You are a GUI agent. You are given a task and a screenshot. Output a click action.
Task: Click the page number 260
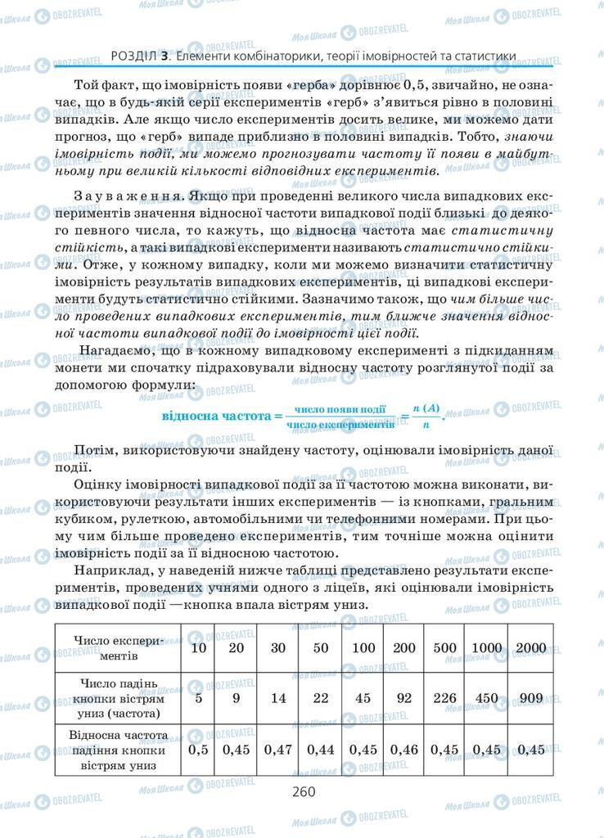[302, 791]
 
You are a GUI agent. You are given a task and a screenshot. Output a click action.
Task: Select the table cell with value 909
[531, 698]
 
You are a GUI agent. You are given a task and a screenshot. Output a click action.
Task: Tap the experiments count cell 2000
[531, 648]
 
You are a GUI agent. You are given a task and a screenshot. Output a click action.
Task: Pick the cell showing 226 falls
[445, 698]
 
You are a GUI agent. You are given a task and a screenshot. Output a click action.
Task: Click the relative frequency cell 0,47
[279, 749]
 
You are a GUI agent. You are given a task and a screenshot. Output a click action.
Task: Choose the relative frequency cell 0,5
[198, 749]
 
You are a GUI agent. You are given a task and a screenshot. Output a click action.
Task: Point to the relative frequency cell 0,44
[321, 749]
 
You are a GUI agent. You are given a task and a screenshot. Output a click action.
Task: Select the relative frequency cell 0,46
[405, 749]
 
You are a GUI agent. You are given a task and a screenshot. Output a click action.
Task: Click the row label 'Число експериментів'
[119, 648]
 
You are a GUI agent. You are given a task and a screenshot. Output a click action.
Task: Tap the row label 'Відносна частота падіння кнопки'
[119, 749]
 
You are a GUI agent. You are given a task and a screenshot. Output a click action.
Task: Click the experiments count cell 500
[445, 648]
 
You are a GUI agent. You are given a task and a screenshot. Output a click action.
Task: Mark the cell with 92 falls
[405, 698]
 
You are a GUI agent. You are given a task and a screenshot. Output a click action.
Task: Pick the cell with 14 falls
[279, 698]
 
